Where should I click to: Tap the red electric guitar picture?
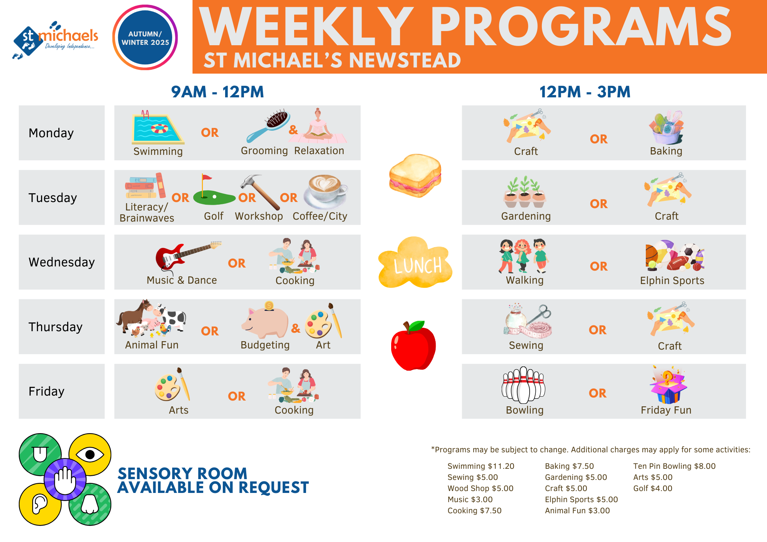tap(188, 256)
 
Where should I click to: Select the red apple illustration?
tap(413, 345)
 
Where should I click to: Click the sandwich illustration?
tap(415, 176)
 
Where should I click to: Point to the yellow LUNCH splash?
tap(415, 263)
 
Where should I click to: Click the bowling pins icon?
tap(523, 385)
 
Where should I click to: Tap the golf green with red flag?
tap(214, 191)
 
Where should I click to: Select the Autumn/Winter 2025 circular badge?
tap(145, 38)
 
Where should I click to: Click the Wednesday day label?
tap(62, 262)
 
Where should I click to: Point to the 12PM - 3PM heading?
tap(585, 92)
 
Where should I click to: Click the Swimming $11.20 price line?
tap(481, 466)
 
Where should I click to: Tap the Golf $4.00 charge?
tap(653, 488)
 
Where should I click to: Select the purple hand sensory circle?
tap(65, 479)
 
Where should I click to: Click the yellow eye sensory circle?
tap(90, 455)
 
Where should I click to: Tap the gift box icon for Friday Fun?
tap(668, 385)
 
